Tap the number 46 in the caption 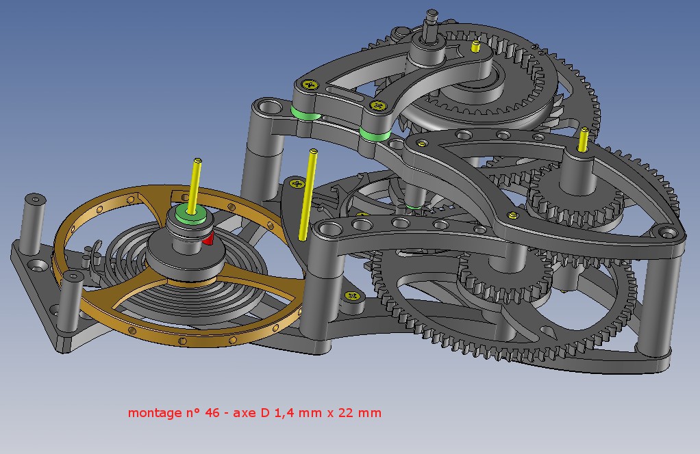212,412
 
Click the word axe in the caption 245,414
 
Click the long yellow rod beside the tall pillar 308,195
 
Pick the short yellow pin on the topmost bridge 476,46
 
